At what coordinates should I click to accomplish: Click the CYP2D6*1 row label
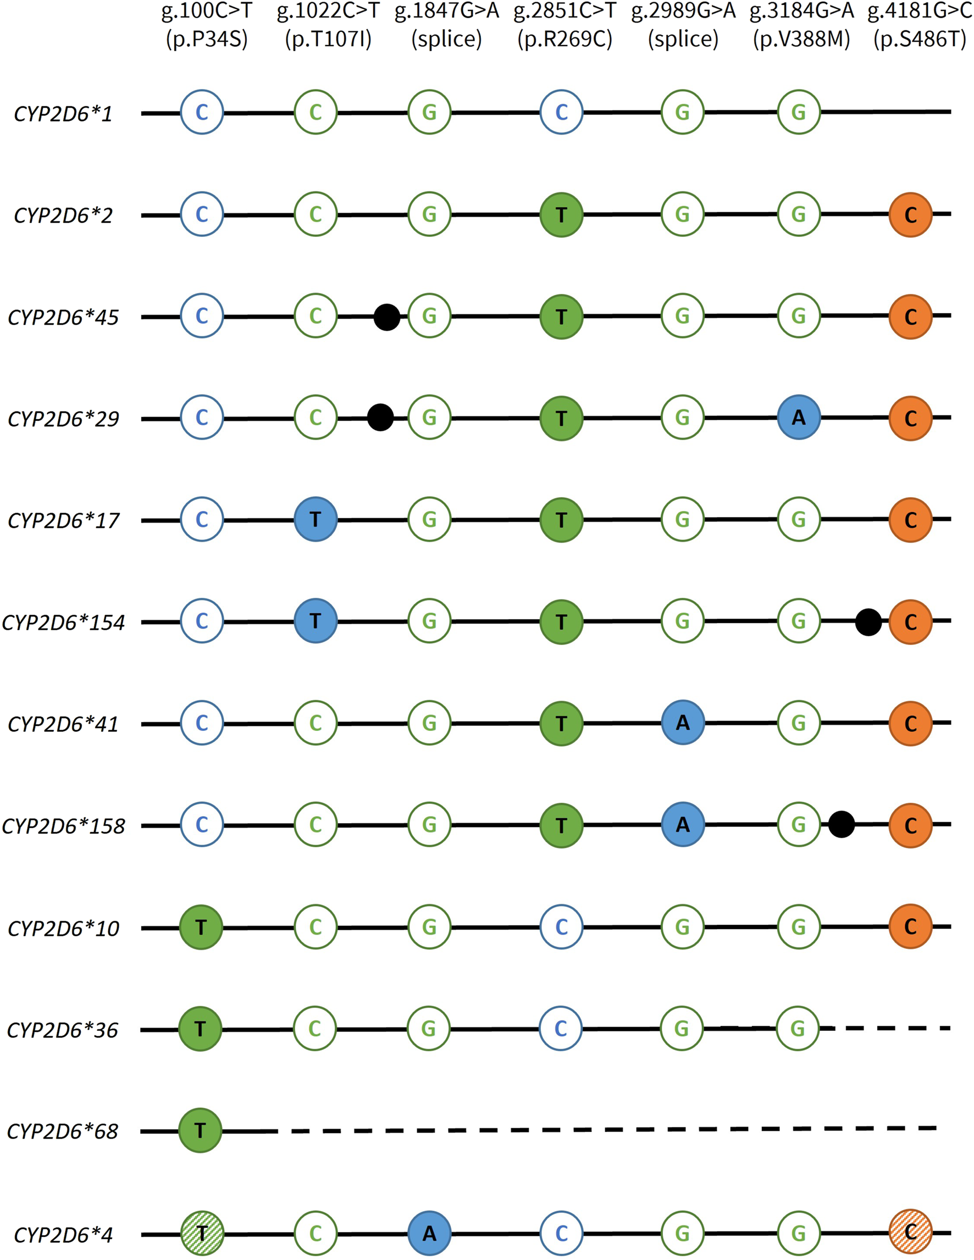63,114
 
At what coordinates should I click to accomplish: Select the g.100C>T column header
207,11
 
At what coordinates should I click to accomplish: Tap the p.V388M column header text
801,39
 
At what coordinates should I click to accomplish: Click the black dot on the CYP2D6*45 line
386,317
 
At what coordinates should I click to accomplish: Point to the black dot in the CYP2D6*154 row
868,622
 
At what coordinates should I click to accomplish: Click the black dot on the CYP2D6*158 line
842,824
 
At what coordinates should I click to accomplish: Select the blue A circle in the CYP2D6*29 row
799,418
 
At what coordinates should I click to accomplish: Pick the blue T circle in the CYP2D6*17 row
315,519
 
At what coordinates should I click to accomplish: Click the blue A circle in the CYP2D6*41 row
683,723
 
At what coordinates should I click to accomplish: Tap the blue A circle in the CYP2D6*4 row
429,1234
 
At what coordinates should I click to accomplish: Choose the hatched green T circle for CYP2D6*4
201,1234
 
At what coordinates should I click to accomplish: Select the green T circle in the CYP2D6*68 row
200,1130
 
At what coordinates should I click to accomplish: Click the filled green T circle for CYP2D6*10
201,927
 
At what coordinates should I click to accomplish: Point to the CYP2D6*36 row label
62,1030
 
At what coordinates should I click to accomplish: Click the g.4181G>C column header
920,11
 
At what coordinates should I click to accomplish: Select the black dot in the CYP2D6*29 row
380,418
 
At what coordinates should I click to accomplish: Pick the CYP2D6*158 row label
63,826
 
